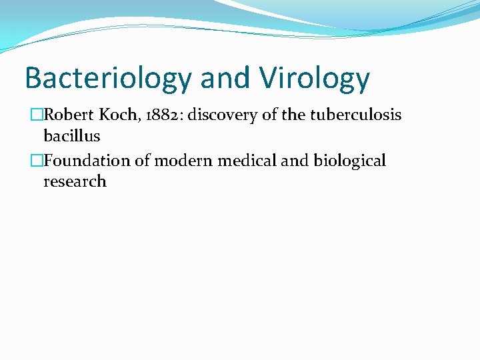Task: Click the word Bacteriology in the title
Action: coord(107,78)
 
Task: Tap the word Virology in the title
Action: coord(315,78)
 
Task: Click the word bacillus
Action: coord(71,136)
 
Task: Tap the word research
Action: coord(75,181)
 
